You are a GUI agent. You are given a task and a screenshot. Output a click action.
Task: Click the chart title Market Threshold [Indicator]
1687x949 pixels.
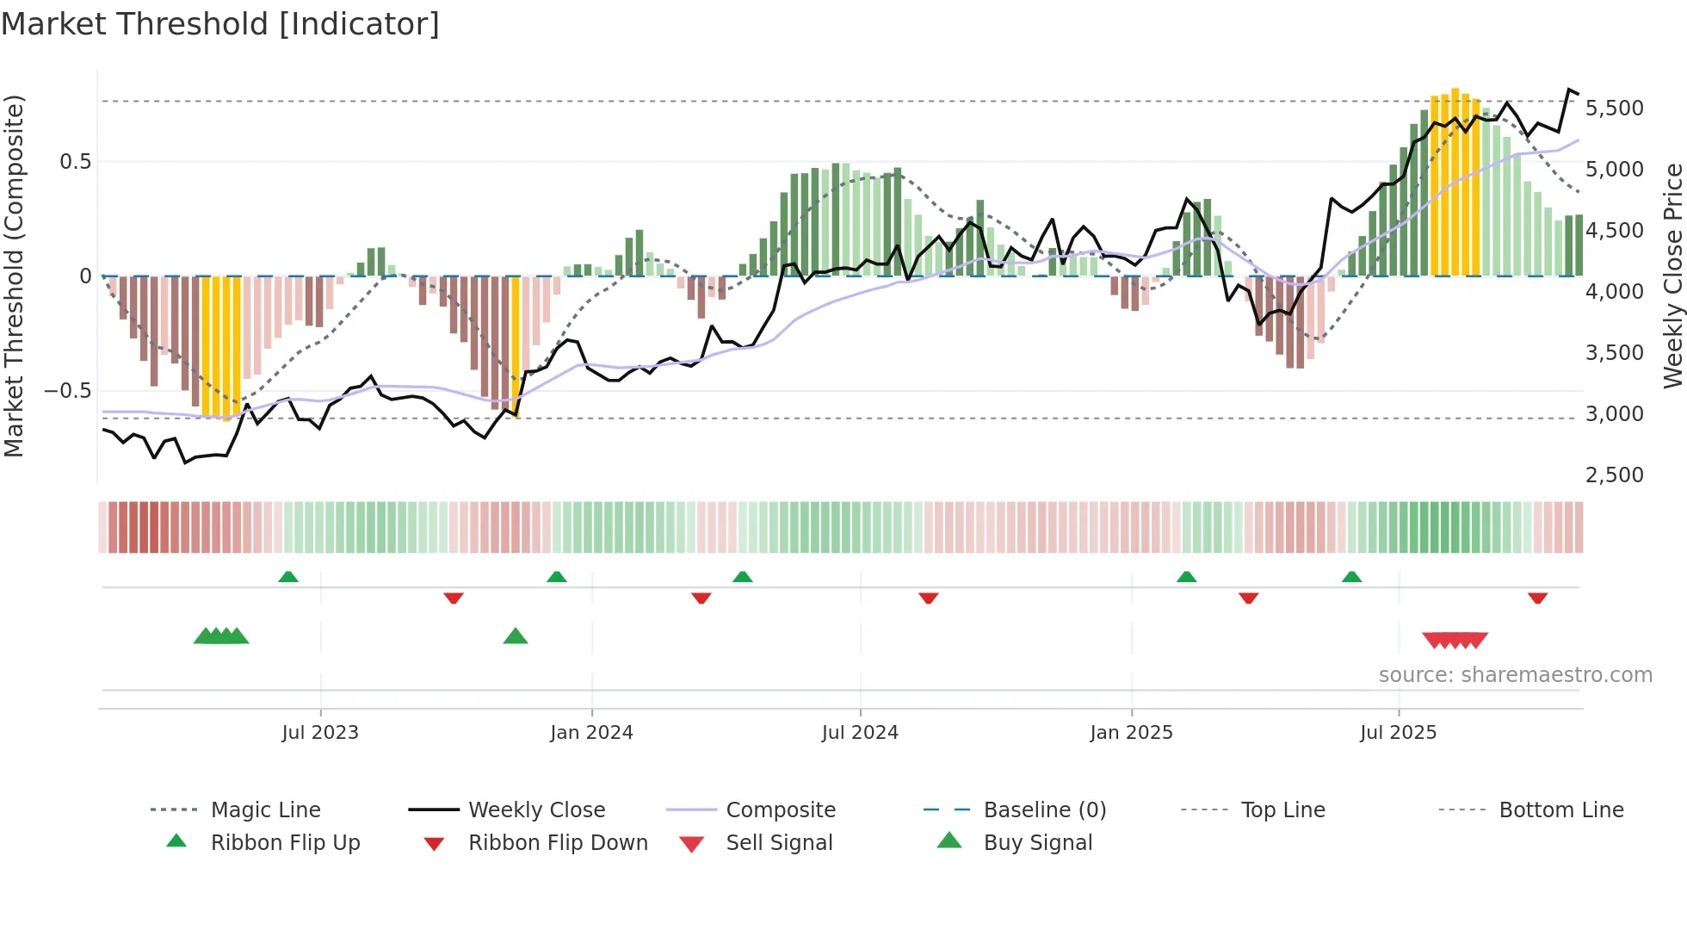(x=220, y=24)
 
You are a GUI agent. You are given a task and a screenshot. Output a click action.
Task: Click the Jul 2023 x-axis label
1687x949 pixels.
(x=320, y=733)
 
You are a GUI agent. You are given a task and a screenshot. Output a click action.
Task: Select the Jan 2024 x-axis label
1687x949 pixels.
(x=591, y=733)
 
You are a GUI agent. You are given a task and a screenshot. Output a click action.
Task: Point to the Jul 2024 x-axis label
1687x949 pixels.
(x=860, y=733)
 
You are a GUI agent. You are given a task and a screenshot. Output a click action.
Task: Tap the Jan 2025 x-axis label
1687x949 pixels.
(x=1131, y=733)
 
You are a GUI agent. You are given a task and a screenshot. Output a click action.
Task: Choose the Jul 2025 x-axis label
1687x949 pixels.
(x=1399, y=733)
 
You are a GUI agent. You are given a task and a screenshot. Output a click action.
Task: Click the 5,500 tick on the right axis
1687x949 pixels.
(x=1614, y=109)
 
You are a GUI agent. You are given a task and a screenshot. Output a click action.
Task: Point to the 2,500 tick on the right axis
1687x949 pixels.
(x=1614, y=475)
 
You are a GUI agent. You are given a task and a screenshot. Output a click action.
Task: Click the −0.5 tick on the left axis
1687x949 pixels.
(x=67, y=391)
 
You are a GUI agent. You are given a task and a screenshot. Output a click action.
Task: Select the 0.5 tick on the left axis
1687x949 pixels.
(x=75, y=162)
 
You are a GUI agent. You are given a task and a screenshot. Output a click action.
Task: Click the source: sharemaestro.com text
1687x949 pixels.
(x=1515, y=675)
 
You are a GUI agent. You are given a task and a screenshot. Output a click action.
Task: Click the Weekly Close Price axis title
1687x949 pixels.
(x=1672, y=276)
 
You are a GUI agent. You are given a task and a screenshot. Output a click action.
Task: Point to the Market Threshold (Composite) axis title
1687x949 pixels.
(x=14, y=276)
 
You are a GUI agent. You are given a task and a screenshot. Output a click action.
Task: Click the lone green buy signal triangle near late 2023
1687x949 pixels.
(x=515, y=636)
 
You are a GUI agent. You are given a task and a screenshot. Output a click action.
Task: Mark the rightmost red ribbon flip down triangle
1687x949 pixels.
(x=1537, y=598)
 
